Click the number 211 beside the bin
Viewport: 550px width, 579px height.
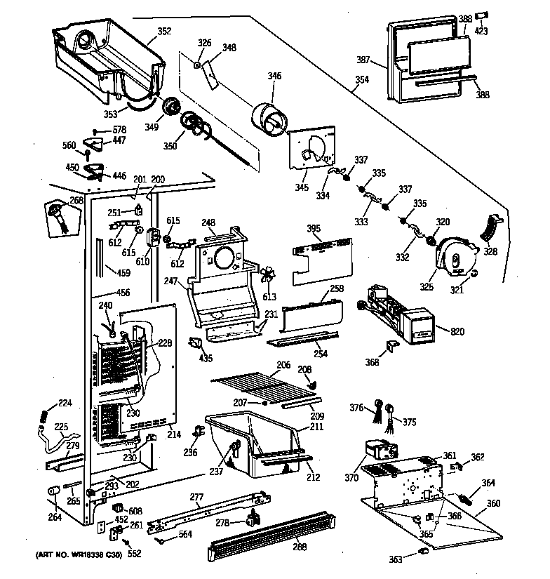tap(317, 426)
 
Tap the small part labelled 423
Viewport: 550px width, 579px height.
tap(483, 15)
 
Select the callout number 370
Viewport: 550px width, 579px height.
tap(352, 478)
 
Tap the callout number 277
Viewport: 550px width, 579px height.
tap(197, 498)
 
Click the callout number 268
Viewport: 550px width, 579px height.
tap(76, 199)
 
